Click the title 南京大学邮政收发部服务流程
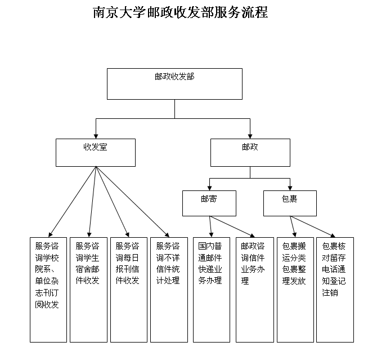[x=180, y=12]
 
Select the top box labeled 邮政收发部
[x=174, y=84]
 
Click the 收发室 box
[x=96, y=153]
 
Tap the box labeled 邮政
[x=250, y=153]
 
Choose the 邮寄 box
[x=209, y=203]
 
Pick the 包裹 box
[x=290, y=203]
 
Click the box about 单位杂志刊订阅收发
[x=48, y=290]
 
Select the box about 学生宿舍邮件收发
[x=88, y=290]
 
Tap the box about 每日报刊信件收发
[x=129, y=290]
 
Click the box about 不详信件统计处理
[x=169, y=290]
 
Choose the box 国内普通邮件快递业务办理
[x=212, y=290]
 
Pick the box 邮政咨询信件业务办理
[x=255, y=290]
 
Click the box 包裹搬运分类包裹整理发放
[x=295, y=290]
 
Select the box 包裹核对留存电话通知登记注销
[x=335, y=290]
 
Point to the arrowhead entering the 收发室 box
[x=96, y=136]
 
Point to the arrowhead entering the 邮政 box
[x=250, y=136]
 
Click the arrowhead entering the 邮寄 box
[x=210, y=188]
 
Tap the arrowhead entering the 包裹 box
[x=290, y=188]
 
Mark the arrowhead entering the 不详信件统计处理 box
[x=167, y=235]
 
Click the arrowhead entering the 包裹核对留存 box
[x=333, y=235]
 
